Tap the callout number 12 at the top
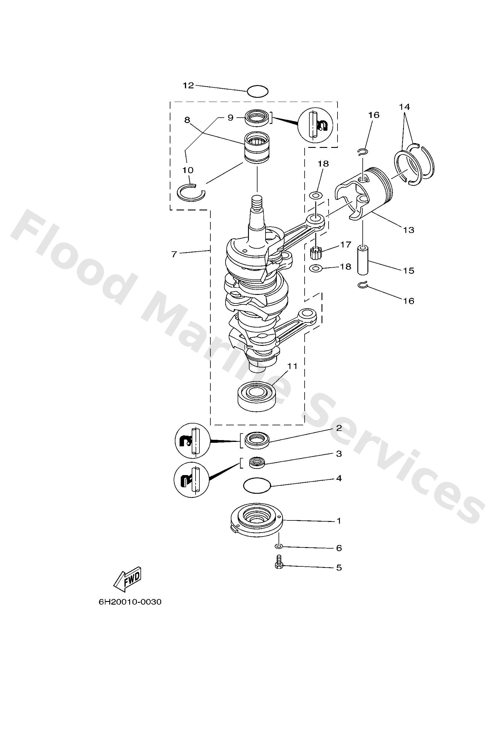point(188,85)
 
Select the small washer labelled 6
point(279,546)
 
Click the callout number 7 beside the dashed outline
point(174,254)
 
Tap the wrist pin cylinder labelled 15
point(363,260)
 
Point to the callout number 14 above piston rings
point(404,107)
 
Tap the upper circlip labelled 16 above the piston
point(362,152)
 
